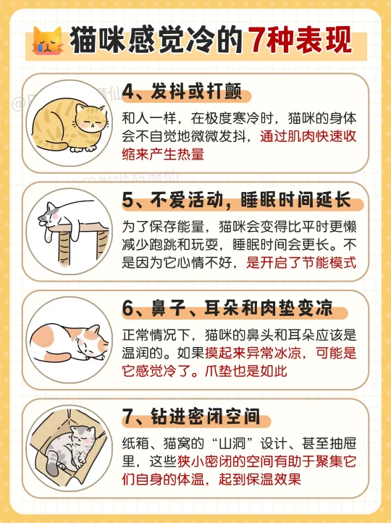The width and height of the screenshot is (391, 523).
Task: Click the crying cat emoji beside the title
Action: tap(48, 41)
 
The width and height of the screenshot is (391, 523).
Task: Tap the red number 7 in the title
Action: tap(256, 40)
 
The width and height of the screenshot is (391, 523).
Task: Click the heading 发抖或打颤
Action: tap(196, 91)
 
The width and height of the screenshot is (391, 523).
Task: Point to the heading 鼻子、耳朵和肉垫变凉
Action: tap(242, 308)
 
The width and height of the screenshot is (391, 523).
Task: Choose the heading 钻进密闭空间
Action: tap(206, 416)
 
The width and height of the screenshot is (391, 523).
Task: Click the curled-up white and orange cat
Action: tap(69, 342)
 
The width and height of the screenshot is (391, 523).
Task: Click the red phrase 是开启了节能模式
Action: tap(301, 262)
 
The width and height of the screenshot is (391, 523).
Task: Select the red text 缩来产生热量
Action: tap(163, 154)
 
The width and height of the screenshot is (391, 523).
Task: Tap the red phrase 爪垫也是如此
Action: tap(245, 371)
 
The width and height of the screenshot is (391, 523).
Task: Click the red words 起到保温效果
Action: tap(260, 479)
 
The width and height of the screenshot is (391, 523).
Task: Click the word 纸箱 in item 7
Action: tap(135, 443)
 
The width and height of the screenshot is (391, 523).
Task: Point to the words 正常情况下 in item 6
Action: tap(156, 335)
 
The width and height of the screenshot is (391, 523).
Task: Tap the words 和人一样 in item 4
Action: tap(148, 118)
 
